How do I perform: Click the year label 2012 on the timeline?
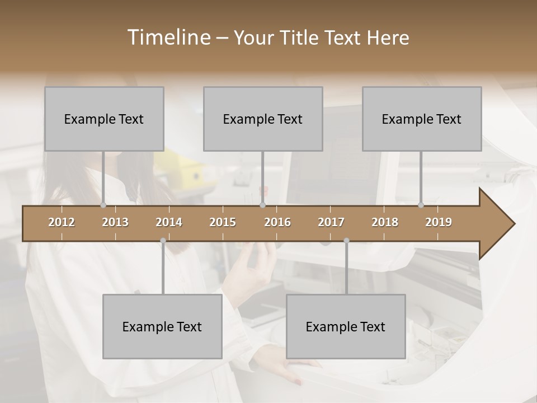62,222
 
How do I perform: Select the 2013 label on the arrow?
115,222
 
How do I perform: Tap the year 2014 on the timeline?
169,222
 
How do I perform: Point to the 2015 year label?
223,222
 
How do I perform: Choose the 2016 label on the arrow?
277,222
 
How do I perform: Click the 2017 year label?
331,222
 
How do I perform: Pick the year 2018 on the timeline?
385,222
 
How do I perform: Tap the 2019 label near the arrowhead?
439,222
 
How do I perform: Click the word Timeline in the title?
168,38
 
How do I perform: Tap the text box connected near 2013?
104,119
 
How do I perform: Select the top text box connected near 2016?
263,119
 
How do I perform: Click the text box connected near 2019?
422,119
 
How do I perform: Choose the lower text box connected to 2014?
162,326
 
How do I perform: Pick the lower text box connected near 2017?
346,326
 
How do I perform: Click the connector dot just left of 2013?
103,205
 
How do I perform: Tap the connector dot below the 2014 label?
163,241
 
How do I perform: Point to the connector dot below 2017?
346,241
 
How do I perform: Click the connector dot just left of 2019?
421,205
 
